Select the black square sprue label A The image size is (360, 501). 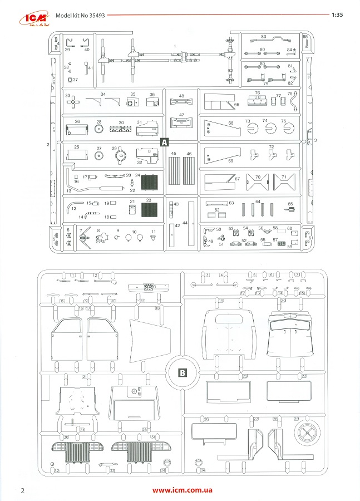point(164,142)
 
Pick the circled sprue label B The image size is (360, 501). point(181,372)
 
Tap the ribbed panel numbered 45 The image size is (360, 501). point(174,166)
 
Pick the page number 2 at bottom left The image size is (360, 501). point(23,490)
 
